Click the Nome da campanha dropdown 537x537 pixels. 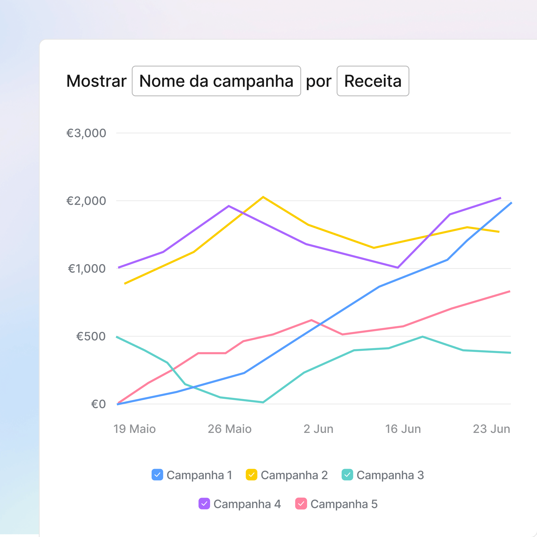coord(216,81)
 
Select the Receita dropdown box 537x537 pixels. coord(373,81)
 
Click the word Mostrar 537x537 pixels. coord(96,81)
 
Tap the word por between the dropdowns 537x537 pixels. coord(319,82)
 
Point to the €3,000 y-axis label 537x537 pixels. coord(86,133)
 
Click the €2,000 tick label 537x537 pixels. coord(86,201)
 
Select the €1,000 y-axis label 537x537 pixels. coord(87,269)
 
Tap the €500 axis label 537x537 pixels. coord(91,336)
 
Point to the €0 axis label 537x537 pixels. coord(98,404)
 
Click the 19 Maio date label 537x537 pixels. coord(135,429)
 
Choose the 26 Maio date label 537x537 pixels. coord(230,429)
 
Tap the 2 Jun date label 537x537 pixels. coord(319,429)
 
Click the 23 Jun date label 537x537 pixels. coord(491,429)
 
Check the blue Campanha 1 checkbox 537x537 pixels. coord(157,475)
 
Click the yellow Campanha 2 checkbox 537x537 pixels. coord(251,475)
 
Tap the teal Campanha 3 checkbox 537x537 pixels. coord(348,475)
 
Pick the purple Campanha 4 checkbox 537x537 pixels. coord(204,504)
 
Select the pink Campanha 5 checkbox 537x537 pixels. coord(301,504)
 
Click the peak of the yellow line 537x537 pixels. coord(263,197)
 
